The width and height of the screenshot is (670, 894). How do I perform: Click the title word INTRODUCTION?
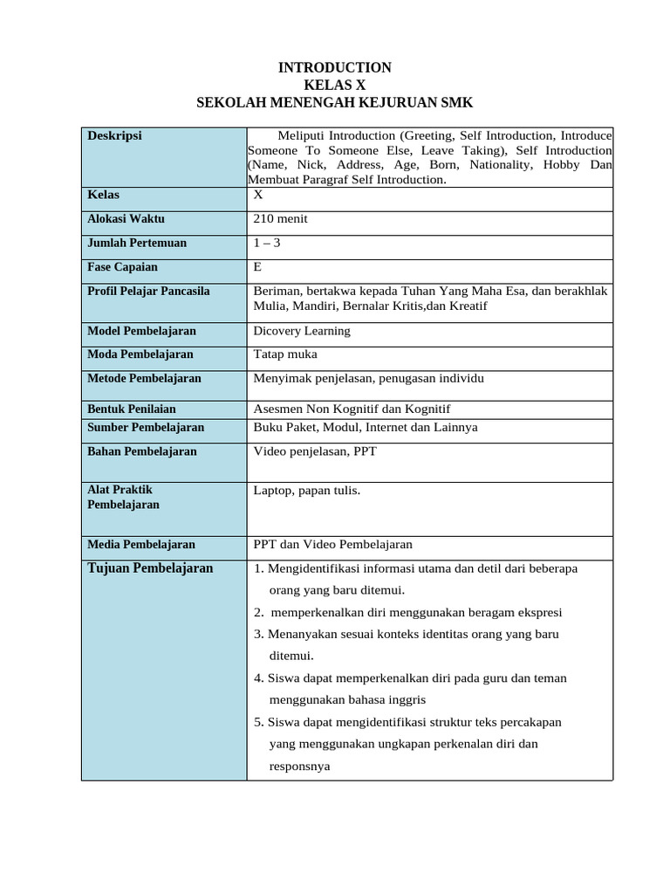tap(334, 68)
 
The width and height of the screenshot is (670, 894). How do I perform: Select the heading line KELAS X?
tap(334, 86)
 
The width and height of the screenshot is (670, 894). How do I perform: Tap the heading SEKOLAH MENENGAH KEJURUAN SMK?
tap(334, 103)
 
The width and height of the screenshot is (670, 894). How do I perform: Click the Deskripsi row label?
tap(114, 135)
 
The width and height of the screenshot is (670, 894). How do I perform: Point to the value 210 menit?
tap(280, 219)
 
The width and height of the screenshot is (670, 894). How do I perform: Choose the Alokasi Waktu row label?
tap(126, 219)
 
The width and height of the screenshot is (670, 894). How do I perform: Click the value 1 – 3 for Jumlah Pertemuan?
tap(267, 243)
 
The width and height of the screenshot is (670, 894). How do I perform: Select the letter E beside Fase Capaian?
tap(257, 267)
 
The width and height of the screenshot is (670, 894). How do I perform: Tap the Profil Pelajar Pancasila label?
tap(148, 291)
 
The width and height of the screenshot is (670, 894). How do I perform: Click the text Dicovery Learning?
tap(301, 331)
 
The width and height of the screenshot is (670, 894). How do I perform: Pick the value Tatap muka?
tap(284, 354)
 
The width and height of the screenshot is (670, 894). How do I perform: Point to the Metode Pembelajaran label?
tap(144, 378)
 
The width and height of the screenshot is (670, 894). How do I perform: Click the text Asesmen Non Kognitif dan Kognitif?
tap(352, 409)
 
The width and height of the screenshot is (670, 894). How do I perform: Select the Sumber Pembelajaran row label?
tap(146, 427)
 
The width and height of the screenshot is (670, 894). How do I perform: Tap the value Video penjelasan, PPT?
tap(315, 451)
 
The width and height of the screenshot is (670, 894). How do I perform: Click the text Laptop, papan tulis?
tap(306, 491)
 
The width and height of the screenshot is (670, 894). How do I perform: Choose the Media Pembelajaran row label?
tap(141, 544)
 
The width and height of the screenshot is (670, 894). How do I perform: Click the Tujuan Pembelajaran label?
tap(150, 568)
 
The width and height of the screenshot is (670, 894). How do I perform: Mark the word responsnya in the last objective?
tap(300, 767)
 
